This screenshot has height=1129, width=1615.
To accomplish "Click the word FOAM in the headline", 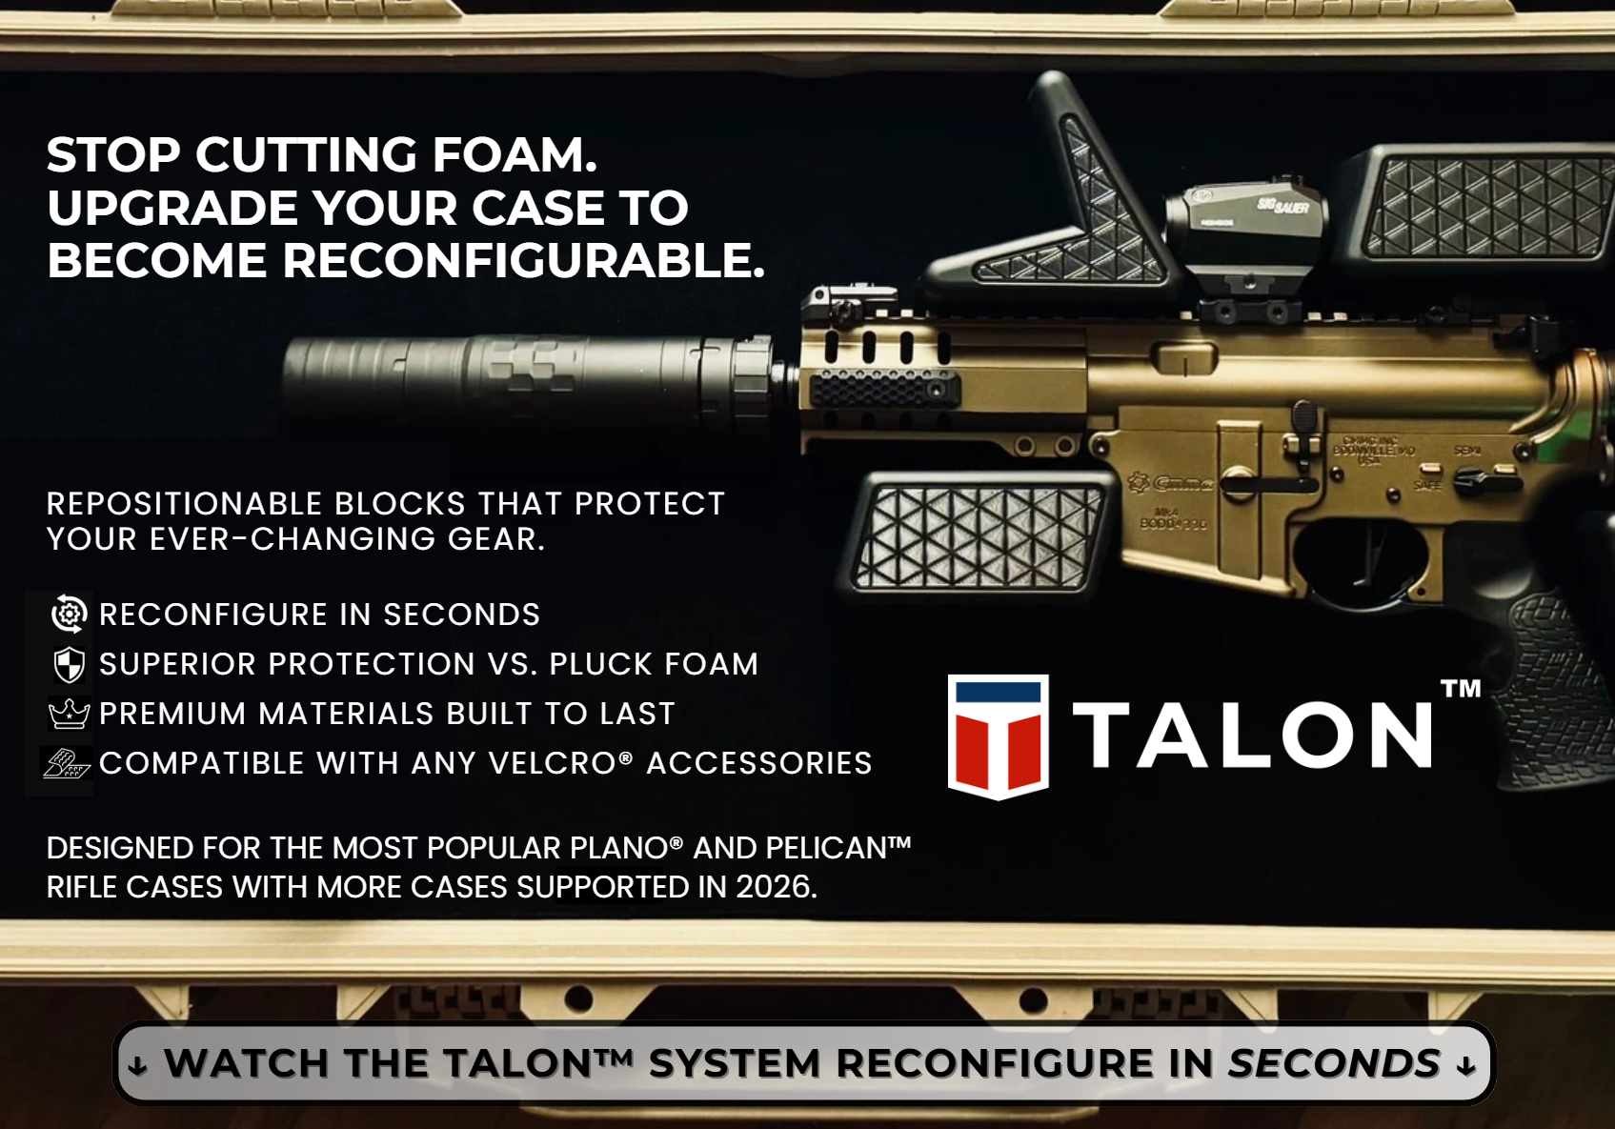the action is pos(515,154).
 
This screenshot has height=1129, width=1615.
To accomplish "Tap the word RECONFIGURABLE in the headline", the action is pos(523,260).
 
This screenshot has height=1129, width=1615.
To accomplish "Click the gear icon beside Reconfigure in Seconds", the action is pos(70,614).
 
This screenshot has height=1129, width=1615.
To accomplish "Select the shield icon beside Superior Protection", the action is pos(70,664).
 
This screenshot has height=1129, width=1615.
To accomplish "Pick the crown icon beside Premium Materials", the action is pos(70,714).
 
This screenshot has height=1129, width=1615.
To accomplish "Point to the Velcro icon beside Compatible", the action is pos(67,763).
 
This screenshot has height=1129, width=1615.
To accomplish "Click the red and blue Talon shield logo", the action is pos(998,736).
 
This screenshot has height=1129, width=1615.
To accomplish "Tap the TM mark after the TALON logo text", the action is pos(1461,689).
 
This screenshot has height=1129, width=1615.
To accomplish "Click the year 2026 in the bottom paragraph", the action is pos(776,887).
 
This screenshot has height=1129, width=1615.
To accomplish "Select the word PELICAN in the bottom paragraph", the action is pos(838,848).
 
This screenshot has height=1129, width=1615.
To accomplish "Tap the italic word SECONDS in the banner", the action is pos(1334,1062).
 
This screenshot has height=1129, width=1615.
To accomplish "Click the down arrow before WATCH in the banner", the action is pos(137,1065).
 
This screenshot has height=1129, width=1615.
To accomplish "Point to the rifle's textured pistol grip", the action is pos(1536,685).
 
